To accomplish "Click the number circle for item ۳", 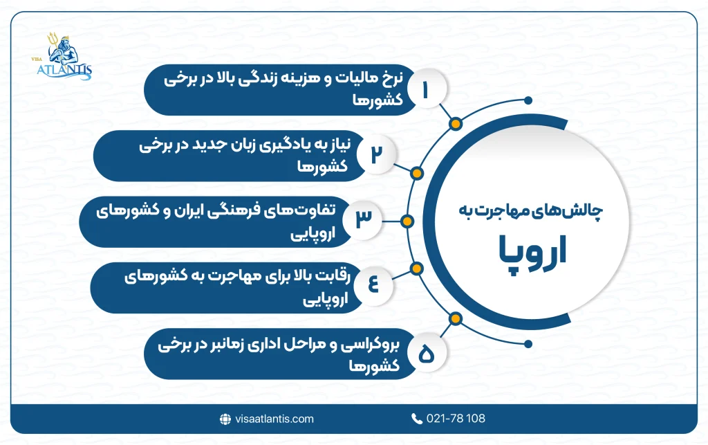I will tap(363, 217).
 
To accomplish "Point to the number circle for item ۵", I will tap(425, 355).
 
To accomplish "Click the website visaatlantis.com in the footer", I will tap(273, 419).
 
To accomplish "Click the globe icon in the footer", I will tap(225, 419).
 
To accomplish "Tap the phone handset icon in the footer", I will tap(416, 419).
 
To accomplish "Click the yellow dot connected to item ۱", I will tap(455, 125).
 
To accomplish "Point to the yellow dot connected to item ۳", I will tap(407, 221).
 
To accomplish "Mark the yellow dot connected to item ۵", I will tap(455, 318).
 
